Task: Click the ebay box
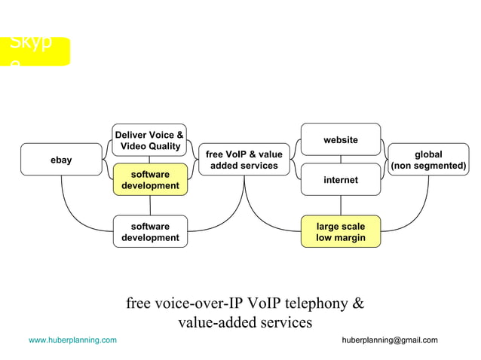pyautogui.click(x=61, y=160)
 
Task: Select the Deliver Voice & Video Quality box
pyautogui.click(x=149, y=140)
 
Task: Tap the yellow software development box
pyautogui.click(x=149, y=180)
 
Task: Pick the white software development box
pyautogui.click(x=150, y=231)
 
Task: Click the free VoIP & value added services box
pyautogui.click(x=244, y=160)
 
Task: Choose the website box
pyautogui.click(x=340, y=139)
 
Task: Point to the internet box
pyautogui.click(x=340, y=180)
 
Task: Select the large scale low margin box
pyautogui.click(x=340, y=231)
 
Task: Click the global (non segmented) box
pyautogui.click(x=428, y=160)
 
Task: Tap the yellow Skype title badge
pyautogui.click(x=38, y=50)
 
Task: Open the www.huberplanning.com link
pyautogui.click(x=72, y=340)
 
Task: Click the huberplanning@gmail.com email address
pyautogui.click(x=389, y=340)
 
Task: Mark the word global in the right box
pyautogui.click(x=428, y=154)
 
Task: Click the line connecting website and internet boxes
pyautogui.click(x=340, y=159)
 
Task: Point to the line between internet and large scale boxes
pyautogui.click(x=340, y=205)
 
